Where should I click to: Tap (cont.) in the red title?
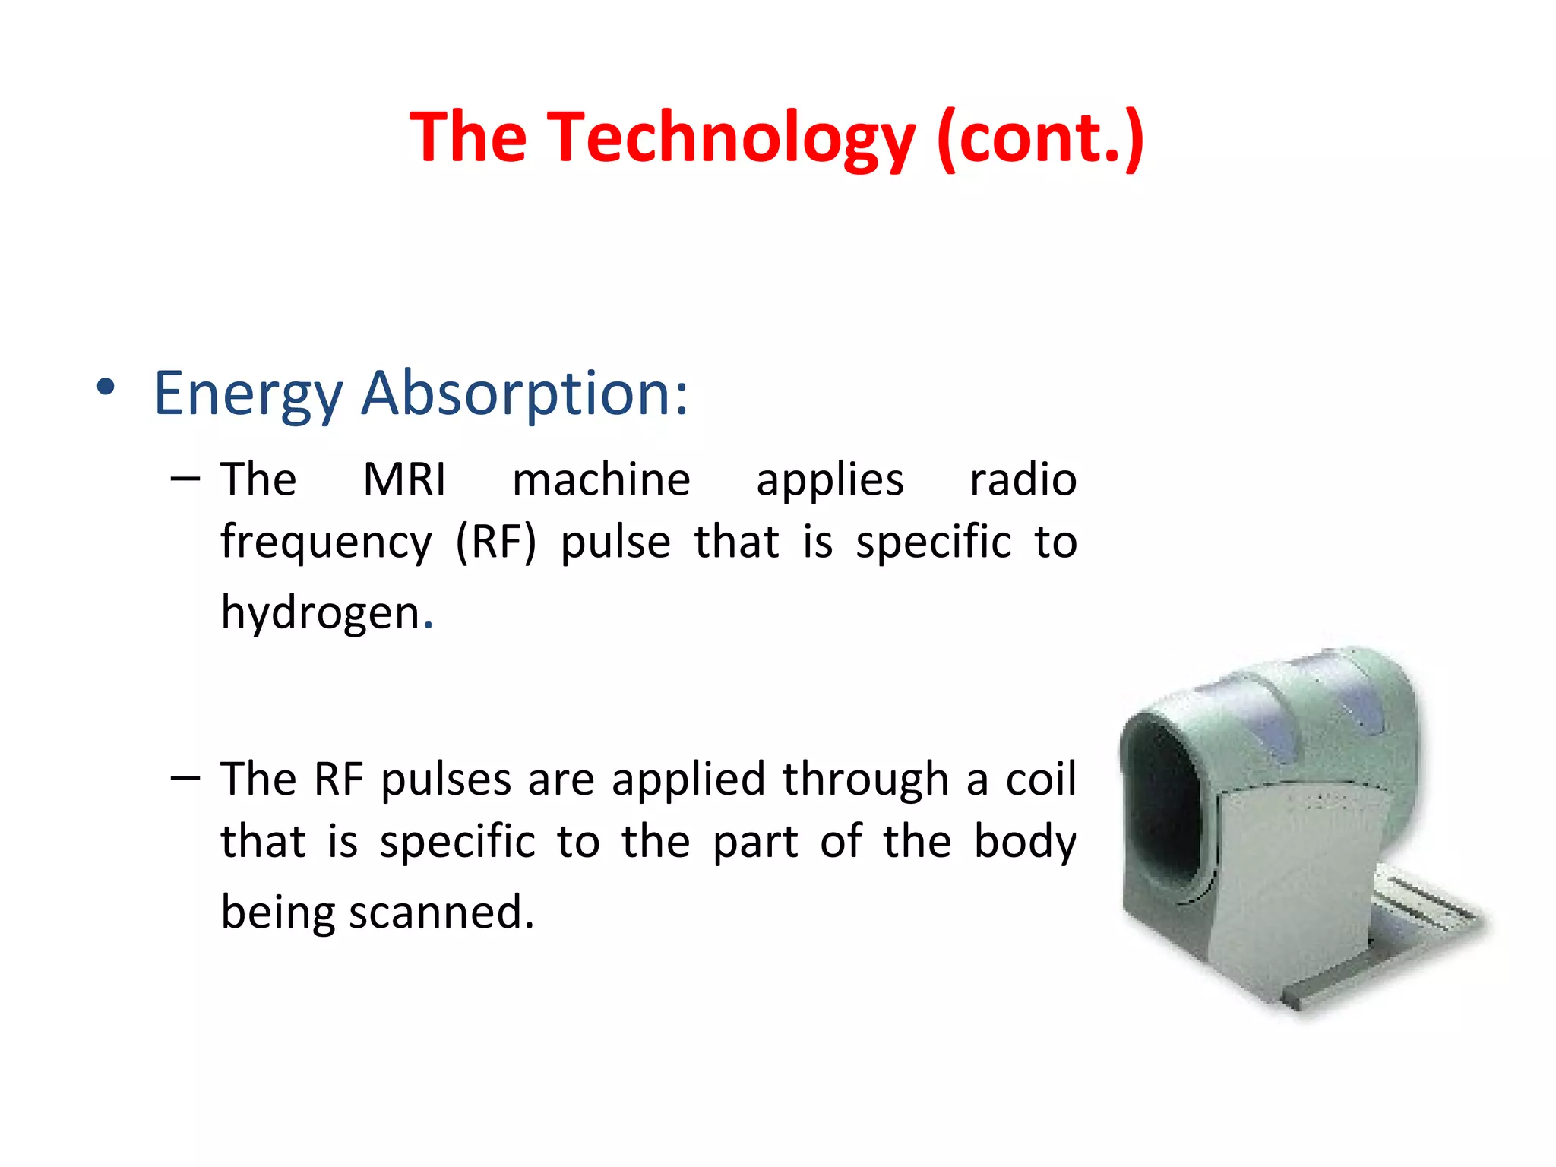[x=1040, y=138]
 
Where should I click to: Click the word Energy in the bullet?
[x=248, y=394]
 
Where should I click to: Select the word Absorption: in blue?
[x=524, y=394]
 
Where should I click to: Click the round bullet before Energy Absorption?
[x=106, y=387]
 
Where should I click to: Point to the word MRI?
[x=404, y=480]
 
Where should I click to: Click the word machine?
[x=601, y=480]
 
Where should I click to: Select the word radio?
[x=1023, y=480]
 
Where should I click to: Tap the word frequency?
[x=326, y=543]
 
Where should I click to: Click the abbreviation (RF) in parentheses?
[x=495, y=543]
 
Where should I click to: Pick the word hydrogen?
[x=322, y=612]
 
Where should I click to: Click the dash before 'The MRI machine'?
[x=185, y=479]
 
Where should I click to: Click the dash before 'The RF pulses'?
[x=185, y=777]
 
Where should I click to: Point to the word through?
[x=865, y=780]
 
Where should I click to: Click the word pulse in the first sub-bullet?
[x=615, y=543]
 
